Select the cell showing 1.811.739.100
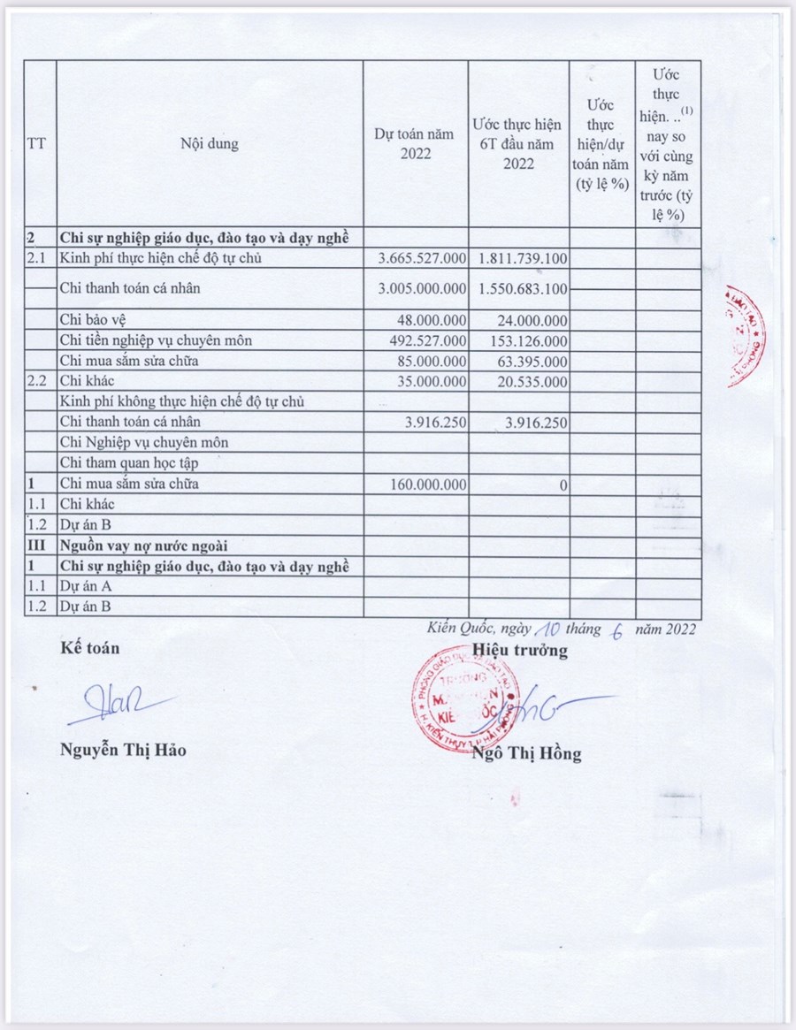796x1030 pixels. (x=522, y=258)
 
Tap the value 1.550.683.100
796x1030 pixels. (x=522, y=288)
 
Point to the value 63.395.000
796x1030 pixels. (x=529, y=361)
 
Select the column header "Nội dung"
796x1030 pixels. (x=210, y=143)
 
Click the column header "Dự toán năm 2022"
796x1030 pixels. (x=414, y=143)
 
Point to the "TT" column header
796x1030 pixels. (x=37, y=143)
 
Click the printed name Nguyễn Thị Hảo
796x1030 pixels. (x=123, y=751)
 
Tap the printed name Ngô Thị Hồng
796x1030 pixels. (x=527, y=754)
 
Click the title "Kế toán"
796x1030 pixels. (x=89, y=648)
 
